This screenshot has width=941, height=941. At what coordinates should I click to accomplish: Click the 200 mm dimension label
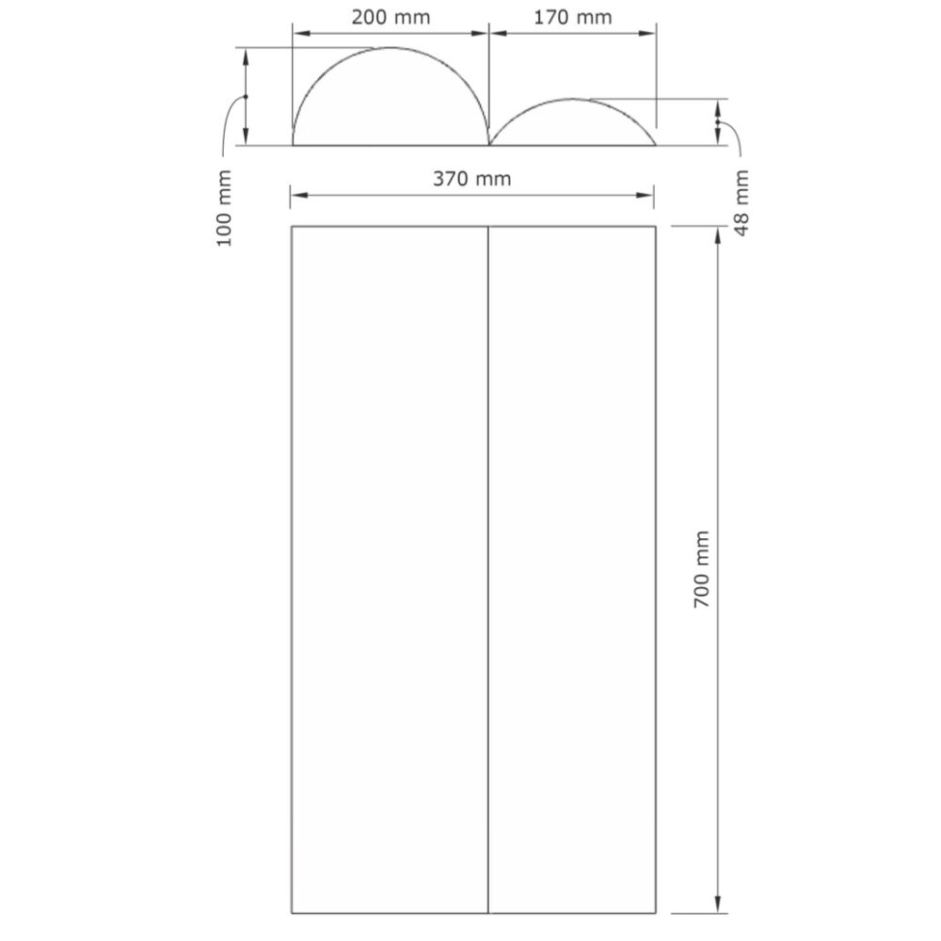pyautogui.click(x=391, y=17)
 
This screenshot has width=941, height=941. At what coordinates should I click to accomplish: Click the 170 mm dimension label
pyautogui.click(x=572, y=17)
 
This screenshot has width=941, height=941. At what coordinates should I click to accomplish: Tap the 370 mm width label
pyautogui.click(x=472, y=179)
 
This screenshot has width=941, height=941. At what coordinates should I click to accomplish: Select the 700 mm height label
pyautogui.click(x=702, y=569)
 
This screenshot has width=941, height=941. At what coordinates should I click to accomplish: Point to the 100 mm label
pyautogui.click(x=224, y=208)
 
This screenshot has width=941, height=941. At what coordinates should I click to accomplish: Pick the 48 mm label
pyautogui.click(x=742, y=203)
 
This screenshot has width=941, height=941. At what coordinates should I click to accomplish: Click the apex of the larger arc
pyautogui.click(x=391, y=47)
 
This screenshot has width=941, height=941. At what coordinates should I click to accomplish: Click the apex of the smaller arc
pyautogui.click(x=572, y=99)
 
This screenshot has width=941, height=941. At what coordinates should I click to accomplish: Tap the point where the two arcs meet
pyautogui.click(x=489, y=145)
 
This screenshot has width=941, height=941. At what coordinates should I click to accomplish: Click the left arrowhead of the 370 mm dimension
pyautogui.click(x=299, y=195)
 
